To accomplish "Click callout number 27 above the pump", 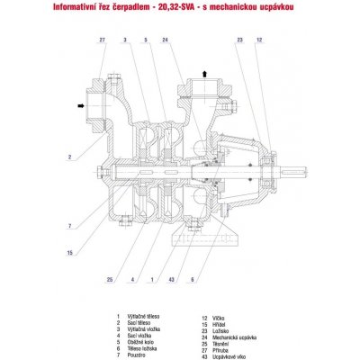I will coord(103,40).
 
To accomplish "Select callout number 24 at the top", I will coord(166,40).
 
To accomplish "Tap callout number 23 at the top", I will coord(241,40).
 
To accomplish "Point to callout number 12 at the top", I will coord(259,40).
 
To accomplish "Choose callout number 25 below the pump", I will coord(111,280).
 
